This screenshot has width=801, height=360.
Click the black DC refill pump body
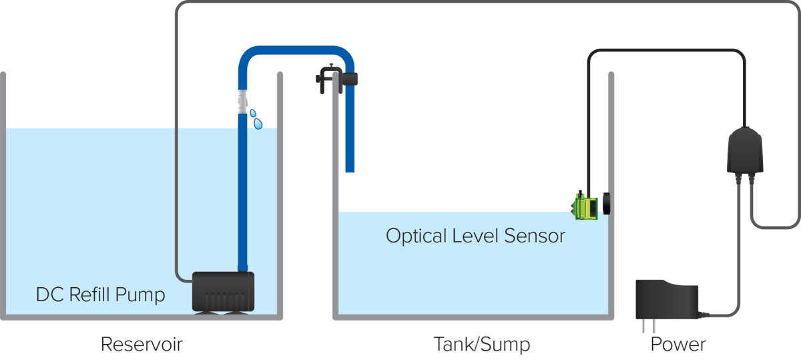[x=223, y=292]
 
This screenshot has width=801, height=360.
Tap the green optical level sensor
[x=585, y=206]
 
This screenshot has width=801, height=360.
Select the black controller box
[x=745, y=150]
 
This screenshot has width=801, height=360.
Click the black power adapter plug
[x=667, y=299]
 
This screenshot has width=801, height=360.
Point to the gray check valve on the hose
[x=242, y=102]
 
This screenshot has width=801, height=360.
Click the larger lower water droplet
[x=258, y=124]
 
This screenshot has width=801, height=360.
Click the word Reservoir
[x=142, y=344]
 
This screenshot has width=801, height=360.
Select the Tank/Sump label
[x=482, y=345]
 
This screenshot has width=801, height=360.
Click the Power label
[x=678, y=345]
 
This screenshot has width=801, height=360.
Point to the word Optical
[x=417, y=236]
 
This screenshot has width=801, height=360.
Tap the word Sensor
[x=535, y=236]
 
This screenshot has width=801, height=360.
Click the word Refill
[x=89, y=295]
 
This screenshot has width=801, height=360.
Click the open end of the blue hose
[x=350, y=171]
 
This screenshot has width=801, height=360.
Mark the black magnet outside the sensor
[x=607, y=204]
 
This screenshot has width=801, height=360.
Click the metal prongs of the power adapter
[x=649, y=326]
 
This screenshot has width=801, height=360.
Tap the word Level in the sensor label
[x=475, y=236]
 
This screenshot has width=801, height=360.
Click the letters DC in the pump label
[x=49, y=295]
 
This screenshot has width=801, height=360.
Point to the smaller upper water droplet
[x=253, y=113]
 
